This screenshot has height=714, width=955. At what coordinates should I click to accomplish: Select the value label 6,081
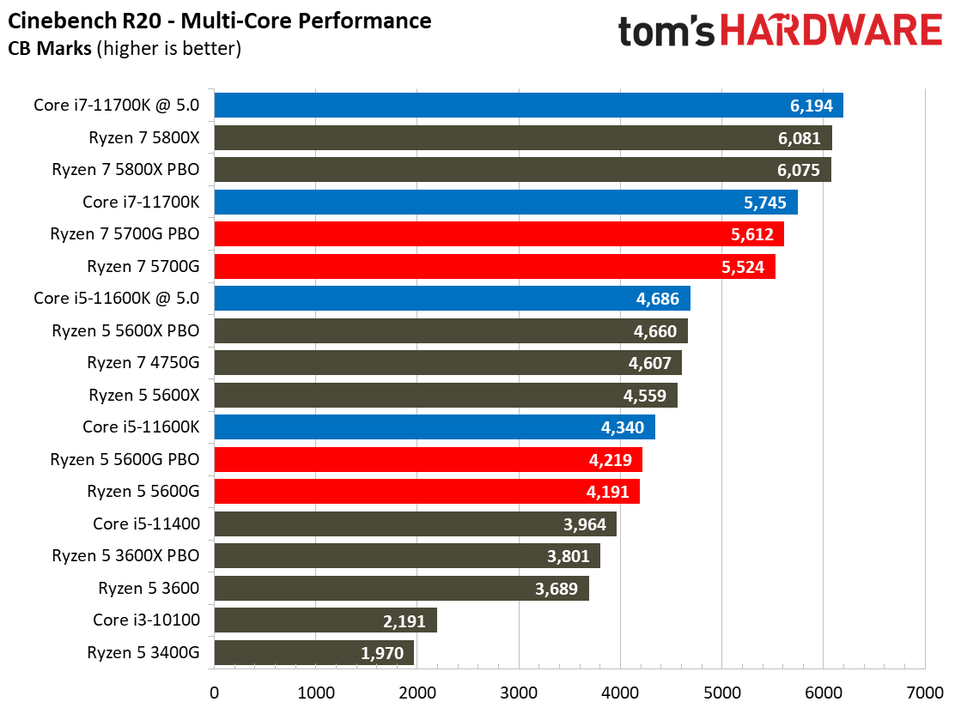coord(799,138)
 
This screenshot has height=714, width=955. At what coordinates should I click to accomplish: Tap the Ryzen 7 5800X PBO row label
coord(125,170)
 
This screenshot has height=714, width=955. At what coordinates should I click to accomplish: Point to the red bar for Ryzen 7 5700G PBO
coord(498,234)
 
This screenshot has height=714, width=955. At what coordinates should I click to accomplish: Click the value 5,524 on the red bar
coord(744,267)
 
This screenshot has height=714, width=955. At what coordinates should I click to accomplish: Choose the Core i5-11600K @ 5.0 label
coord(117,299)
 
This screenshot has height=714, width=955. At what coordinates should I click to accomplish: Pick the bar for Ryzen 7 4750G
coord(447,363)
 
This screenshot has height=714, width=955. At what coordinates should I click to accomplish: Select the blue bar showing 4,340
coord(434,427)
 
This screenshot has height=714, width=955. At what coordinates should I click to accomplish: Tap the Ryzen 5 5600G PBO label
coord(125,460)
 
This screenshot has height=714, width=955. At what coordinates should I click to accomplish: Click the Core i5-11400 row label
coord(146,523)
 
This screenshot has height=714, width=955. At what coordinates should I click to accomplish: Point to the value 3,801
coord(569,556)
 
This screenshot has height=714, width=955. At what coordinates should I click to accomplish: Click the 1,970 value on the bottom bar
coord(382,653)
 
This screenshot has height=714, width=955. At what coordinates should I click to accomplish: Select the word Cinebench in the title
coord(52,19)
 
